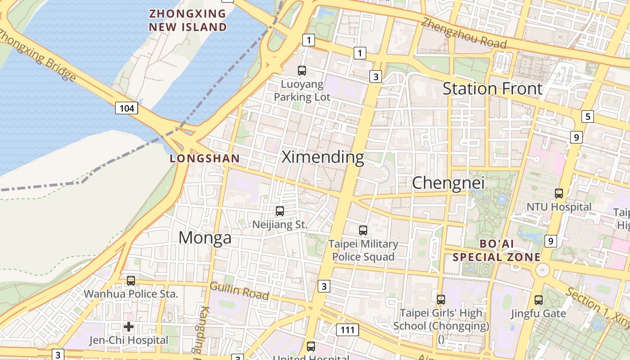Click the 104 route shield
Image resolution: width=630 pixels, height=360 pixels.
coord(126,108)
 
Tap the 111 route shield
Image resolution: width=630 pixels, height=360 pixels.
coord(347,330)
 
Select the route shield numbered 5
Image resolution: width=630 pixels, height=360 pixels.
coord(587,117)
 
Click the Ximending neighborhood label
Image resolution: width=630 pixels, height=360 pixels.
coord(323,157)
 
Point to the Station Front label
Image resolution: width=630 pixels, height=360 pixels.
coord(492,89)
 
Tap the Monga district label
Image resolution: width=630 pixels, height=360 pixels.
coord(205,238)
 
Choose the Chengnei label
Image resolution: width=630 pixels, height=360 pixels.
coord(448,183)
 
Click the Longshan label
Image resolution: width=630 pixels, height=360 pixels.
coord(205,158)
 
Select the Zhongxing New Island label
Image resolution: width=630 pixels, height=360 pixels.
coord(188,20)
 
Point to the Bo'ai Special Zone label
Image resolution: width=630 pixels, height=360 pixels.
coord(496,251)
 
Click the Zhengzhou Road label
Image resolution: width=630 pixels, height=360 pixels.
coord(464,33)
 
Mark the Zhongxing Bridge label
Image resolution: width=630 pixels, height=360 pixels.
coord(38,56)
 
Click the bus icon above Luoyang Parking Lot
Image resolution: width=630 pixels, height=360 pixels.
coord(302,70)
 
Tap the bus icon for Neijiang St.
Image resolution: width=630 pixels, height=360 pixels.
coord(280,211)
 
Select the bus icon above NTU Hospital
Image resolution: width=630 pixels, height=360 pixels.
coord(559,193)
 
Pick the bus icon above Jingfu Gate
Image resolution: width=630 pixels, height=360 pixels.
coord(538,300)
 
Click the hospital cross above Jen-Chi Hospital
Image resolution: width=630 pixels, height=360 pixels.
coord(129,326)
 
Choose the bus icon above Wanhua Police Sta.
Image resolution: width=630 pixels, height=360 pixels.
coord(131,280)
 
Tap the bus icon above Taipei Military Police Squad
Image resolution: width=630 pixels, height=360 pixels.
coord(363,230)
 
